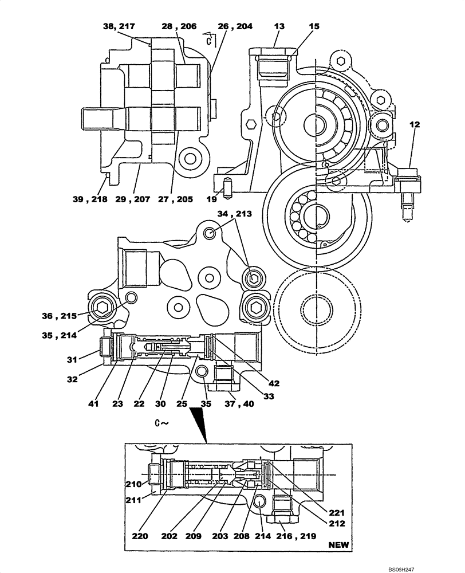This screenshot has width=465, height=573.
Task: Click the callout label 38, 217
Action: pyautogui.click(x=119, y=26)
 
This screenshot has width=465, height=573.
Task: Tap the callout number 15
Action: pyautogui.click(x=315, y=26)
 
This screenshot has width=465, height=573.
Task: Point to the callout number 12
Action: pyautogui.click(x=414, y=124)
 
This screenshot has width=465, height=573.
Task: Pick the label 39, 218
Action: pyautogui.click(x=90, y=199)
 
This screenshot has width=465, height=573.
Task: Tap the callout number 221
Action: pyautogui.click(x=336, y=512)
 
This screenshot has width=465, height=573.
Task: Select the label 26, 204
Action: pyautogui.click(x=235, y=26)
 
